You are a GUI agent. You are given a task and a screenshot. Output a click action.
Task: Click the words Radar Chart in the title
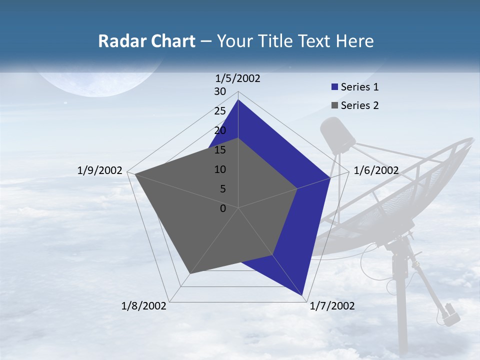[146, 41]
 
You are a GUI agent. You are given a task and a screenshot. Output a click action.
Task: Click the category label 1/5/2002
[237, 78]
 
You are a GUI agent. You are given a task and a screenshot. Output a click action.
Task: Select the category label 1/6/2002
[376, 170]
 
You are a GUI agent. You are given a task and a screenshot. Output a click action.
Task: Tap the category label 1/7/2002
[332, 306]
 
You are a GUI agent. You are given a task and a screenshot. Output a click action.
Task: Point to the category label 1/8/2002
[144, 306]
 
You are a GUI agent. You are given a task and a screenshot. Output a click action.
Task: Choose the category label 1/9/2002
[99, 170]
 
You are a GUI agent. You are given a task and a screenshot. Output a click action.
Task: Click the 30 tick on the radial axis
[220, 91]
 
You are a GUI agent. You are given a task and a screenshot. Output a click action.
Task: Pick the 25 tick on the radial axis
[220, 111]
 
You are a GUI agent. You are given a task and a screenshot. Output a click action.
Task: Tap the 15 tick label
[220, 150]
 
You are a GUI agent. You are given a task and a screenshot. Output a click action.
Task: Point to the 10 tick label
[220, 169]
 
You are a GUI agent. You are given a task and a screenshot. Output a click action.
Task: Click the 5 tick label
[222, 189]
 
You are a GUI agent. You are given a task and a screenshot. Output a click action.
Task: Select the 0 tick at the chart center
[223, 208]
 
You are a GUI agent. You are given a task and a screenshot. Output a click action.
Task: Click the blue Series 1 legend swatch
[334, 87]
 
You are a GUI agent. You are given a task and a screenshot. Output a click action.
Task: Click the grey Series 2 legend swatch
[334, 105]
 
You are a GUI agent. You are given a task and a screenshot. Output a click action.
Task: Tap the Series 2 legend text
[359, 105]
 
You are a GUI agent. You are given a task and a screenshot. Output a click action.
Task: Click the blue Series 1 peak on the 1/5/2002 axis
[238, 100]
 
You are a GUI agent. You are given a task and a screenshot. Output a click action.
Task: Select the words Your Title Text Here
[295, 41]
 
